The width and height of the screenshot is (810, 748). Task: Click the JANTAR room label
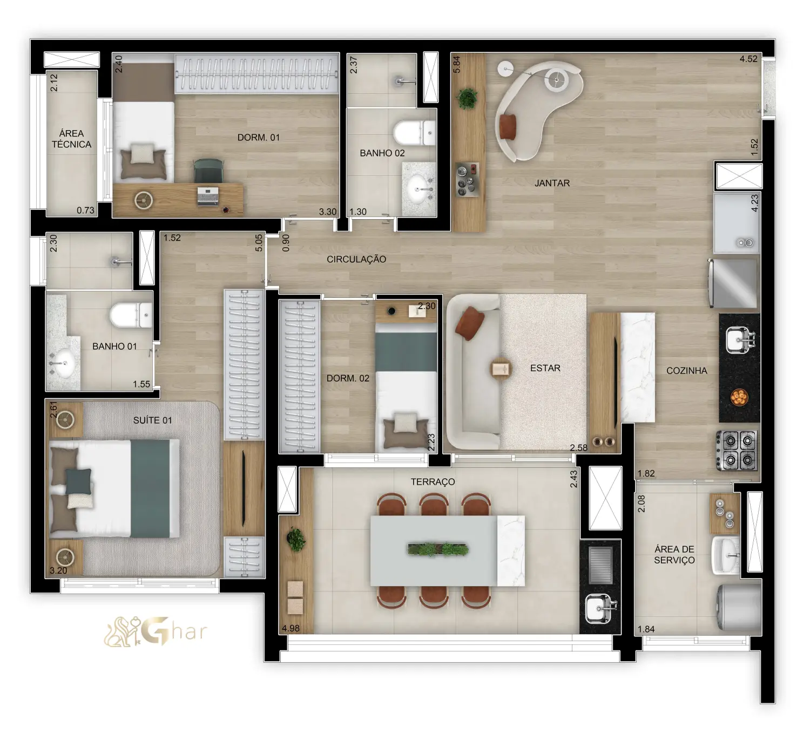(552, 183)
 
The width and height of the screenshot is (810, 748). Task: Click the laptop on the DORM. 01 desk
(208, 196)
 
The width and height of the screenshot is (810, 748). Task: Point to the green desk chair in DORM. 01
(208, 170)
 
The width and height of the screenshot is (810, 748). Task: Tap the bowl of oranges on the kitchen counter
(739, 397)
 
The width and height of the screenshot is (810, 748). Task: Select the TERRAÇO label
(433, 482)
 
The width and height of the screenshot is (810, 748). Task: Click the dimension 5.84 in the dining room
(456, 64)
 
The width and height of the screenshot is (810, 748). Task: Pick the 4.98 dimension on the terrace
(291, 628)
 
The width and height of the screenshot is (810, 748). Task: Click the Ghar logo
(156, 631)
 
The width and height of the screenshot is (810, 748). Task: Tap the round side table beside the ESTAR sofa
(501, 369)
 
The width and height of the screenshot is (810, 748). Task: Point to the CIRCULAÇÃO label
(356, 259)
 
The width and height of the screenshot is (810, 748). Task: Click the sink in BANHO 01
(63, 362)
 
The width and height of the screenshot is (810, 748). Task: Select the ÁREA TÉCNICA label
(71, 139)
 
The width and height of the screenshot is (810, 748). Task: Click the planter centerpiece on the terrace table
(437, 549)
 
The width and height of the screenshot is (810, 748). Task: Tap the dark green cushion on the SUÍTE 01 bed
(78, 481)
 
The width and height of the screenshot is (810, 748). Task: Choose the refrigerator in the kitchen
(733, 283)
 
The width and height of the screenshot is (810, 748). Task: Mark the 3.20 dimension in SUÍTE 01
(58, 570)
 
